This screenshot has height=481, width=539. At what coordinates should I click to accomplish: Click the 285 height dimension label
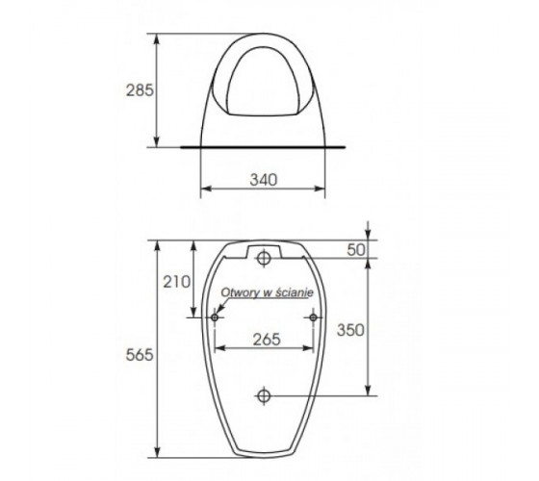tap(140, 90)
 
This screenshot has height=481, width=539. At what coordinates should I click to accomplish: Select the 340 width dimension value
tap(264, 180)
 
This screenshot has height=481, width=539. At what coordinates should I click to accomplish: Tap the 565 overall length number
tap(140, 355)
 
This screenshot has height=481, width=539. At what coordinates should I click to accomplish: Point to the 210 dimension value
tap(177, 282)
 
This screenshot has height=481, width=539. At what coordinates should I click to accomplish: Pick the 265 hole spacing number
tap(267, 340)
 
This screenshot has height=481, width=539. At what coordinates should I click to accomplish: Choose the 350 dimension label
tap(350, 330)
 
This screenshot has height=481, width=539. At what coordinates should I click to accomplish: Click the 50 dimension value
tap(356, 250)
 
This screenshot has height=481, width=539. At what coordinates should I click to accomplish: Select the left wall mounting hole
tap(215, 317)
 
